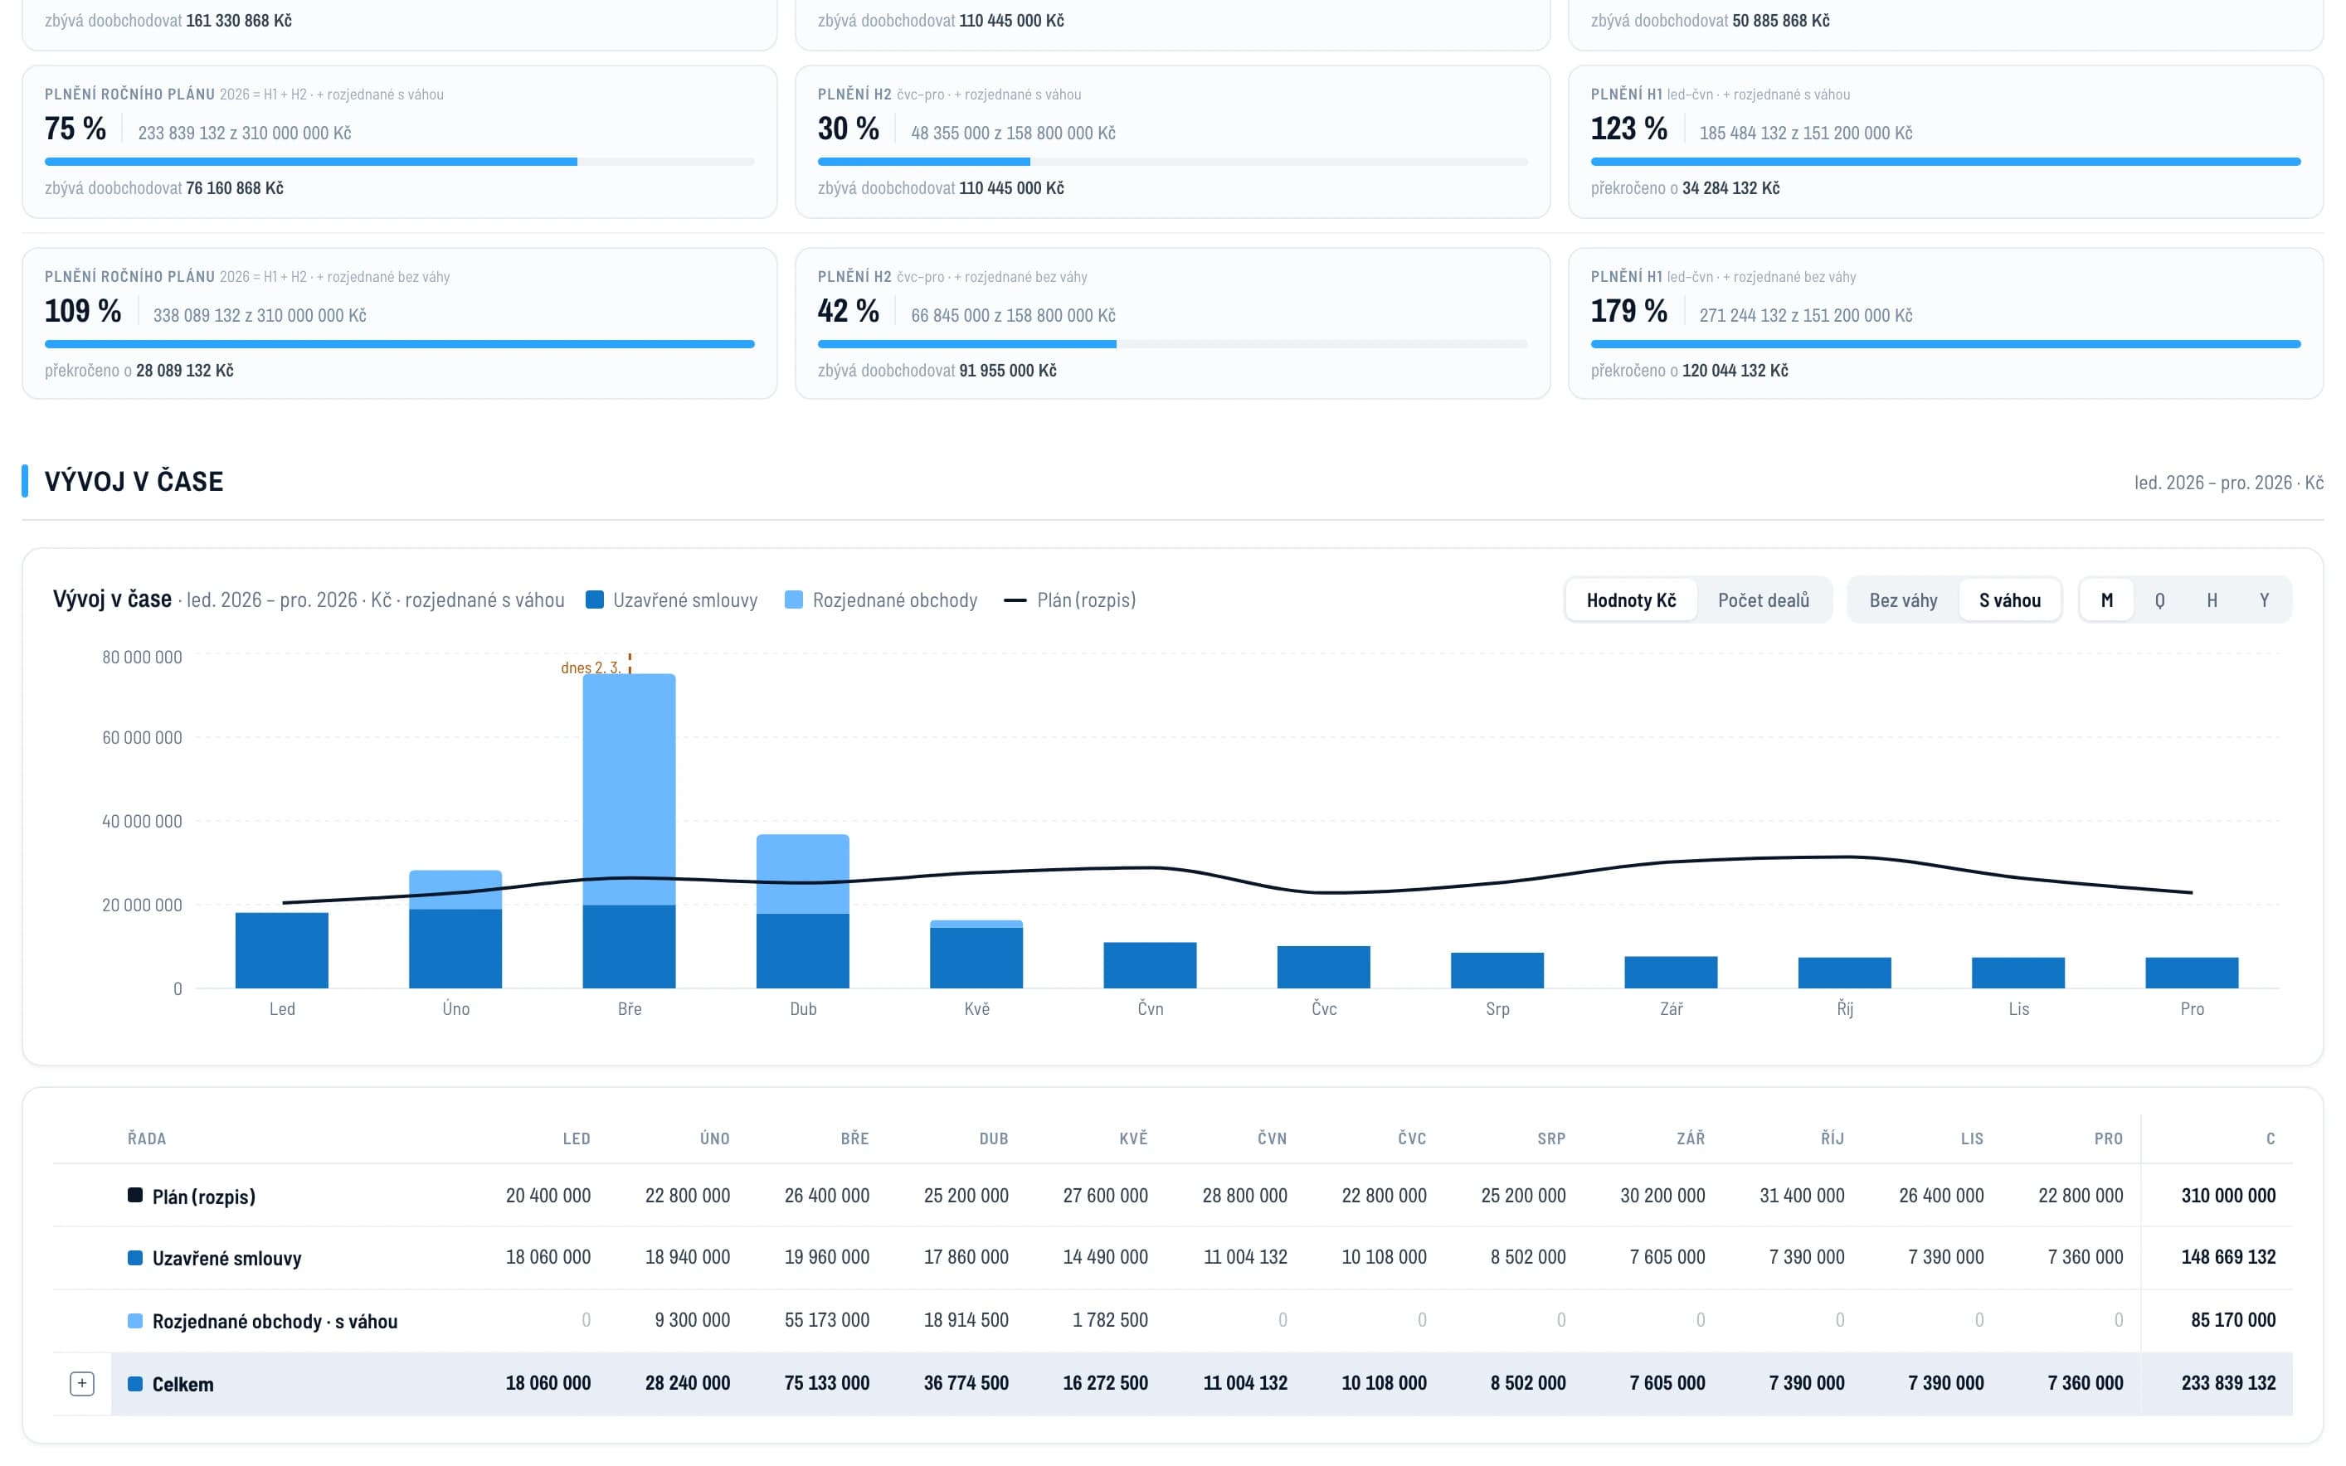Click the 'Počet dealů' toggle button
click(x=1762, y=600)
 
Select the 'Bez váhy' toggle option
click(x=1903, y=600)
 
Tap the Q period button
click(x=2159, y=600)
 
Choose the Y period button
click(x=2264, y=600)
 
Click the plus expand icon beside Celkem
click(x=82, y=1384)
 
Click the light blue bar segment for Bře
click(x=630, y=789)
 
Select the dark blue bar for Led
click(x=282, y=950)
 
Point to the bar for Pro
click(x=2192, y=973)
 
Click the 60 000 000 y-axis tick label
click(x=142, y=738)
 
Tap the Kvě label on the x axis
click(x=976, y=1008)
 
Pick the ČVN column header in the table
click(x=1272, y=1138)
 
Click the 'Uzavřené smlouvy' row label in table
click(x=227, y=1259)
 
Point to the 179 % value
click(x=1628, y=310)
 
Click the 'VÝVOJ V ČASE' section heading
click(x=134, y=481)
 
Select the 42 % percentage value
click(x=848, y=310)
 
